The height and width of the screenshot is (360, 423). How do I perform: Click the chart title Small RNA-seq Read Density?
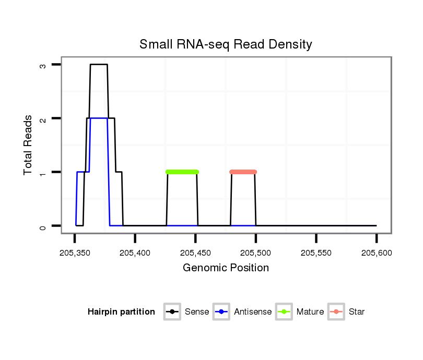226,44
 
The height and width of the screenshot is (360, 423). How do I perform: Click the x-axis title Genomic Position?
226,268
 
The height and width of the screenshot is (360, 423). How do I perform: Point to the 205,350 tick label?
75,254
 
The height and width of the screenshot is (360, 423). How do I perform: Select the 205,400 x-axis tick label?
135,254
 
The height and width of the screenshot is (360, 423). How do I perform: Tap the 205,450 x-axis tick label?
195,254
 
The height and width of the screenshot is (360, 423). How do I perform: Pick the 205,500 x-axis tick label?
256,254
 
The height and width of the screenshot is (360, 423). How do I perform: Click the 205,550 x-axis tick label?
316,254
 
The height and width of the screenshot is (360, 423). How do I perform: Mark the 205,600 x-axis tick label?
377,254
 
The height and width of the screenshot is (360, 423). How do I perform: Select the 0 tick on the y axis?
43,226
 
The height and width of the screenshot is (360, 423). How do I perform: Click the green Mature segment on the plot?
182,172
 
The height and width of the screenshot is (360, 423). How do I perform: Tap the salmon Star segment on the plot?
243,172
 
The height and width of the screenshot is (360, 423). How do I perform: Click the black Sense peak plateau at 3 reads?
99,65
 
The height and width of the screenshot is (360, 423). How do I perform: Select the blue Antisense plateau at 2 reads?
99,118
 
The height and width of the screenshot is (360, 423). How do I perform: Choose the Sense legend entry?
196,312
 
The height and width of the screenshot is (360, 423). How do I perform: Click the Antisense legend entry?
252,312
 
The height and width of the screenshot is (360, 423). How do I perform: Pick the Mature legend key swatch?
285,312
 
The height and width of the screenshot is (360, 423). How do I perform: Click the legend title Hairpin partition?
121,312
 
